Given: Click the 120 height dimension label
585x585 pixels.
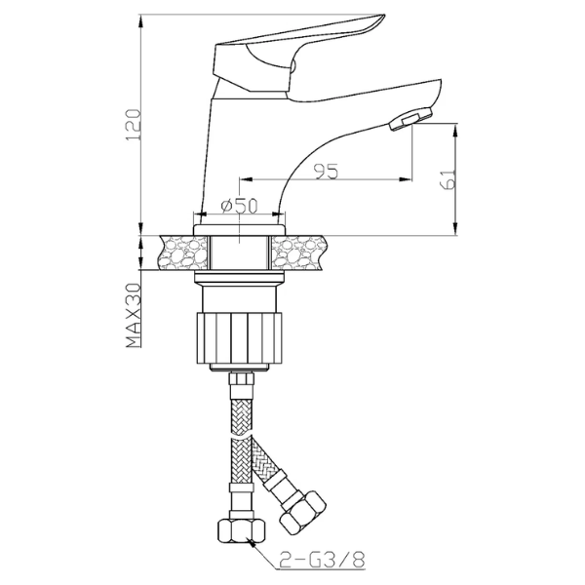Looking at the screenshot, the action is pyautogui.click(x=134, y=125).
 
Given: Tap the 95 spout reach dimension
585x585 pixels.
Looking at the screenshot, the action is pyautogui.click(x=326, y=172).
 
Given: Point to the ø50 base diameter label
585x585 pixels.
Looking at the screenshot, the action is pyautogui.click(x=239, y=206).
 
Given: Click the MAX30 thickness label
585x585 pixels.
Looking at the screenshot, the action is pyautogui.click(x=134, y=315).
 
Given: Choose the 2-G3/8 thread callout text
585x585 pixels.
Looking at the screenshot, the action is pyautogui.click(x=322, y=560).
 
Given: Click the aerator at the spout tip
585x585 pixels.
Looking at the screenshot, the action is pyautogui.click(x=410, y=118).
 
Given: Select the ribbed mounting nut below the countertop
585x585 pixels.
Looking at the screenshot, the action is pyautogui.click(x=239, y=337).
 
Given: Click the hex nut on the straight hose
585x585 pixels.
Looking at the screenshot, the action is pyautogui.click(x=242, y=531).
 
